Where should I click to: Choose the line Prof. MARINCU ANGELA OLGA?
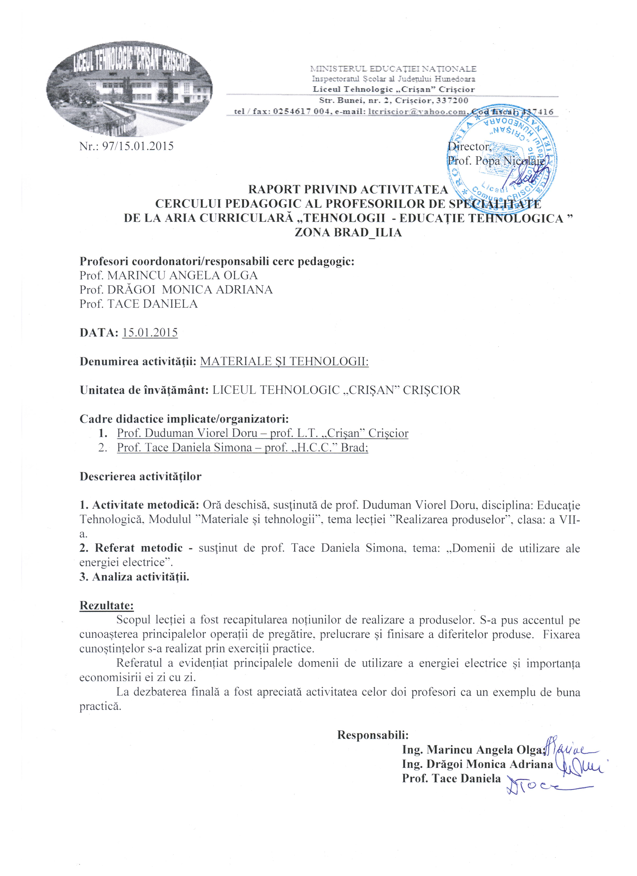pos(168,275)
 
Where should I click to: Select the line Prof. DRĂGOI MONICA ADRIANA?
pos(176,290)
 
